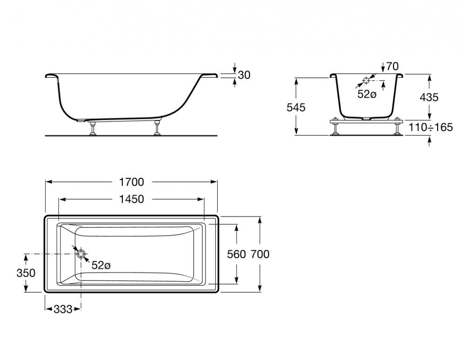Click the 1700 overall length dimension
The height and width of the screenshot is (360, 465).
(x=132, y=182)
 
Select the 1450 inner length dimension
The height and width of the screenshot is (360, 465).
(x=132, y=199)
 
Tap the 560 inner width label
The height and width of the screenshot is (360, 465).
(x=236, y=254)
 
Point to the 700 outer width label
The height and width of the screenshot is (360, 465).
(x=260, y=254)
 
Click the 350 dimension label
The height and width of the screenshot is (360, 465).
(x=26, y=273)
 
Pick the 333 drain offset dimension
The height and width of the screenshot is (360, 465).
(x=63, y=309)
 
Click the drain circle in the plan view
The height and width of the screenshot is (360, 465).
(x=81, y=254)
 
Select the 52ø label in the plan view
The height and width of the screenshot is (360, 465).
(x=101, y=265)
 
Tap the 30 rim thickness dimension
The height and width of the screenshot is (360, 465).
(x=244, y=75)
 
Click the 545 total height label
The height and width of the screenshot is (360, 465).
(x=296, y=107)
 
